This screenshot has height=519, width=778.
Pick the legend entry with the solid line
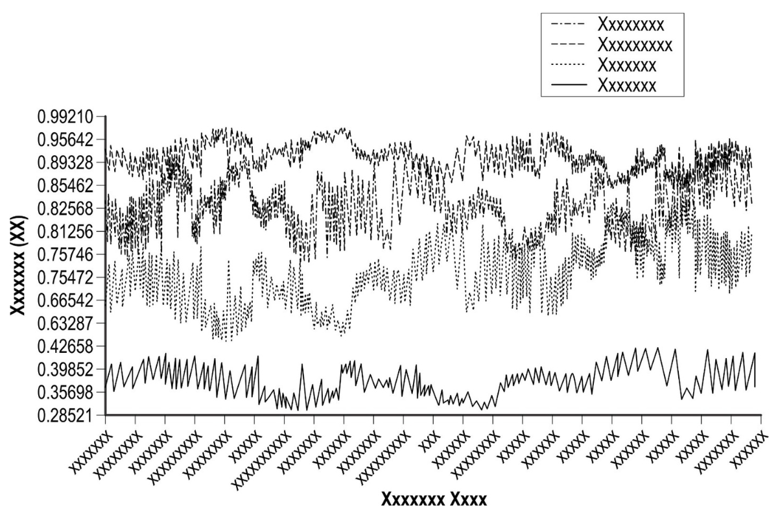[x=626, y=85]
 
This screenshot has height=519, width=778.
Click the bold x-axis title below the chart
[x=434, y=500]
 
